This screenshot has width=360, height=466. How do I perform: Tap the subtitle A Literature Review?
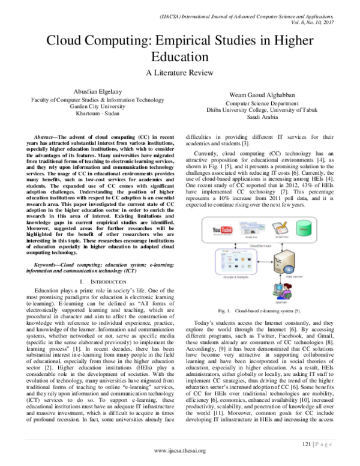click(x=179, y=73)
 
